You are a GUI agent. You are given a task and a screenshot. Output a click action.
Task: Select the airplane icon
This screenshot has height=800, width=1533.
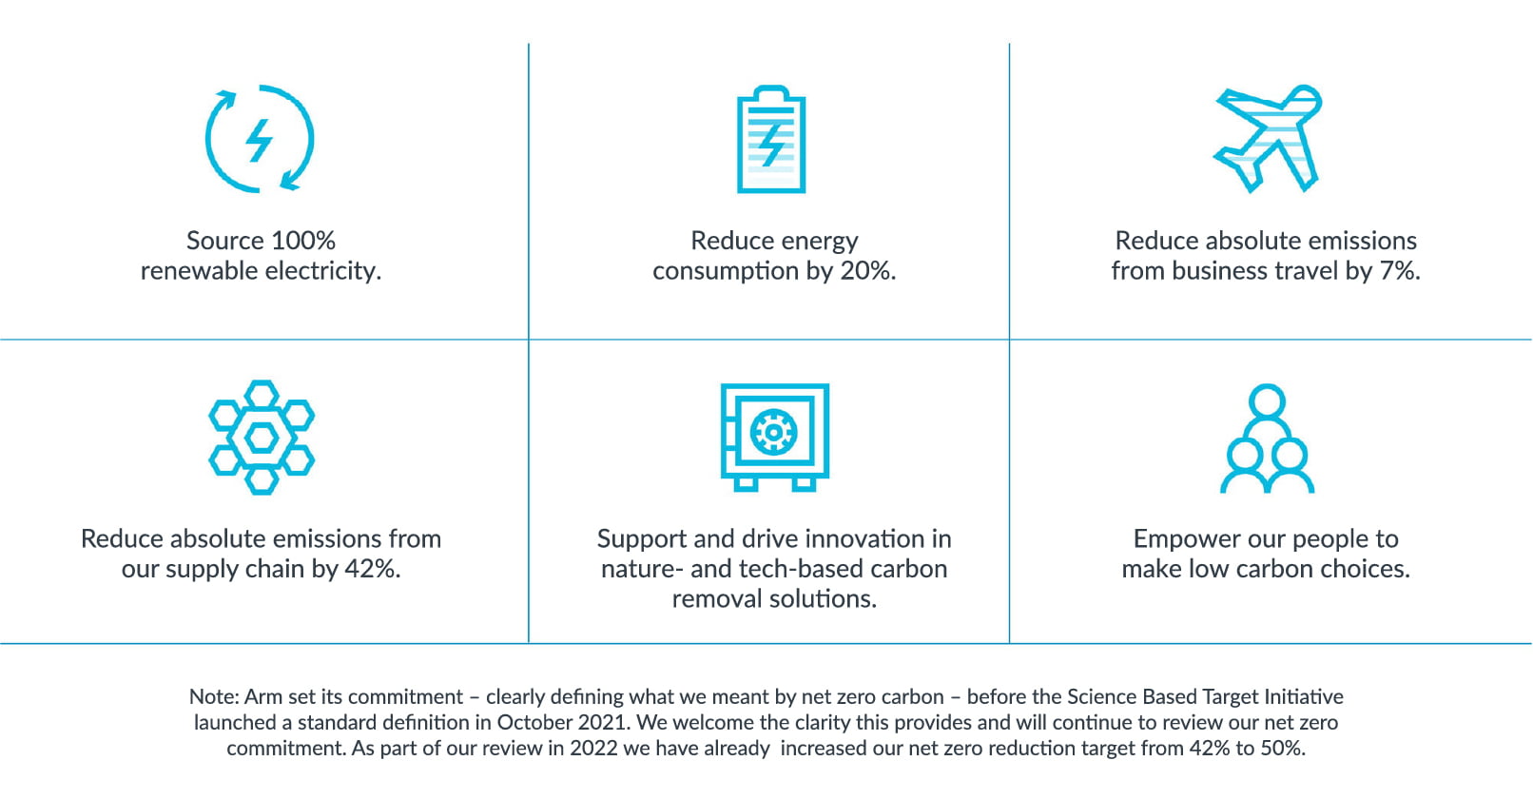pos(1268,138)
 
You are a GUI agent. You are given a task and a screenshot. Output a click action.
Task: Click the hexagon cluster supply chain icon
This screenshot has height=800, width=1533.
pos(262,438)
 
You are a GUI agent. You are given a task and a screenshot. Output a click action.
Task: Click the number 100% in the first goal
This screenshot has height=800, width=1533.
pos(303,241)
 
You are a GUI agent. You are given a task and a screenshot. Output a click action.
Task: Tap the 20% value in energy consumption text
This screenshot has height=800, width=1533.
pos(867,271)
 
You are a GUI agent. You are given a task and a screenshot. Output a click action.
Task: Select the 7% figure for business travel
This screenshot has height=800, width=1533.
pos(1400,271)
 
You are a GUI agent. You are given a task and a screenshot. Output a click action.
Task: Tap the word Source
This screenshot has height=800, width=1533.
pos(225,241)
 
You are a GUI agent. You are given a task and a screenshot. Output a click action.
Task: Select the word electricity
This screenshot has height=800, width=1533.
pos(323,271)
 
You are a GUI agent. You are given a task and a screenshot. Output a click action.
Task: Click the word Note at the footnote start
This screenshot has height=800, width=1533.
pos(214,696)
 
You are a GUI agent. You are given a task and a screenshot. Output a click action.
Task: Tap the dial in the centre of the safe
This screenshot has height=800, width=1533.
pos(773,433)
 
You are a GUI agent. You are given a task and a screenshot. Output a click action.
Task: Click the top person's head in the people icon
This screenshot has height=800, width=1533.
pos(1267,401)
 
